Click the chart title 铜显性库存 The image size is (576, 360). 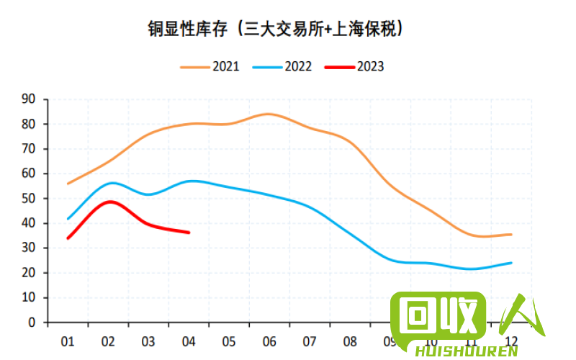[x=274, y=29]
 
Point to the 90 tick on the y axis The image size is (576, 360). [x=29, y=99]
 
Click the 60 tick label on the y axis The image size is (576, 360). [x=29, y=174]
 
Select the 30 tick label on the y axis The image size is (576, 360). [x=29, y=248]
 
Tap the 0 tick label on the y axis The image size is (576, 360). [x=32, y=322]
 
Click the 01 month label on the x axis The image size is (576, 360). [x=68, y=341]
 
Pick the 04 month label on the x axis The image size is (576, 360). [x=189, y=341]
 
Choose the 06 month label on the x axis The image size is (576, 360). [x=269, y=341]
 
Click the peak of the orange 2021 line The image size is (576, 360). [x=267, y=114]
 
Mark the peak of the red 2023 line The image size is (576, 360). [x=109, y=202]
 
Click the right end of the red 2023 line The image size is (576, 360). [x=189, y=233]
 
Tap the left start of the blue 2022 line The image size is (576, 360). [x=68, y=219]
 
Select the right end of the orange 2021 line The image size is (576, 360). [x=511, y=234]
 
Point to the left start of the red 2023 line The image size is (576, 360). [x=68, y=238]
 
